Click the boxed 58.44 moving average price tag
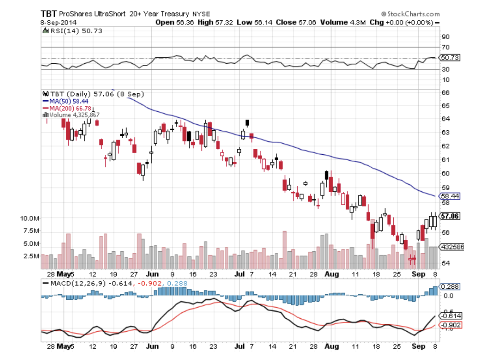point(449,196)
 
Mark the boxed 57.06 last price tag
point(449,216)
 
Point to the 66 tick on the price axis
point(444,92)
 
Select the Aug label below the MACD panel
point(332,347)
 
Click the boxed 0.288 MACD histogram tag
point(449,287)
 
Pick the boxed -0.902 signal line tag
point(450,325)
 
